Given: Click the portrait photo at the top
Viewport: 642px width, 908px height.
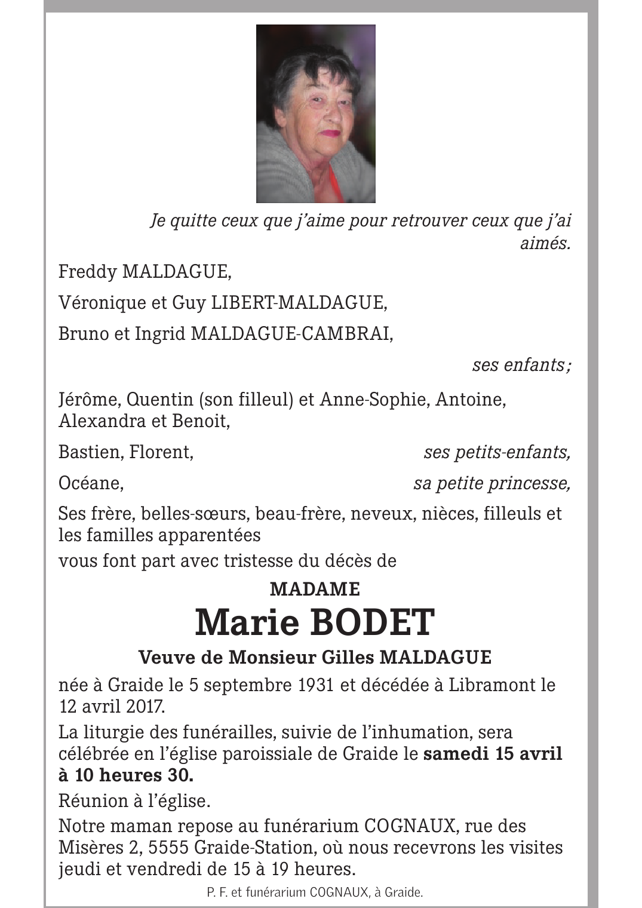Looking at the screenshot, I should (x=315, y=113).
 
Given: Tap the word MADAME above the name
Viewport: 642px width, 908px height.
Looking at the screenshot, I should (x=315, y=590).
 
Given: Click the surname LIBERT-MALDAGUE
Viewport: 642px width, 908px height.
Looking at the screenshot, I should (x=299, y=303).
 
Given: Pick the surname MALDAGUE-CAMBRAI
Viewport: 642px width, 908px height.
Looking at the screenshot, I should (x=291, y=333).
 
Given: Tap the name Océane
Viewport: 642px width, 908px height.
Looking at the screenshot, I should (x=90, y=483).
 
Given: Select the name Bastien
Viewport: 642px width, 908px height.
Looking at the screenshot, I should (x=89, y=452).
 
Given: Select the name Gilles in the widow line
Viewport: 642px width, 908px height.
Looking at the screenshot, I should (x=348, y=658).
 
